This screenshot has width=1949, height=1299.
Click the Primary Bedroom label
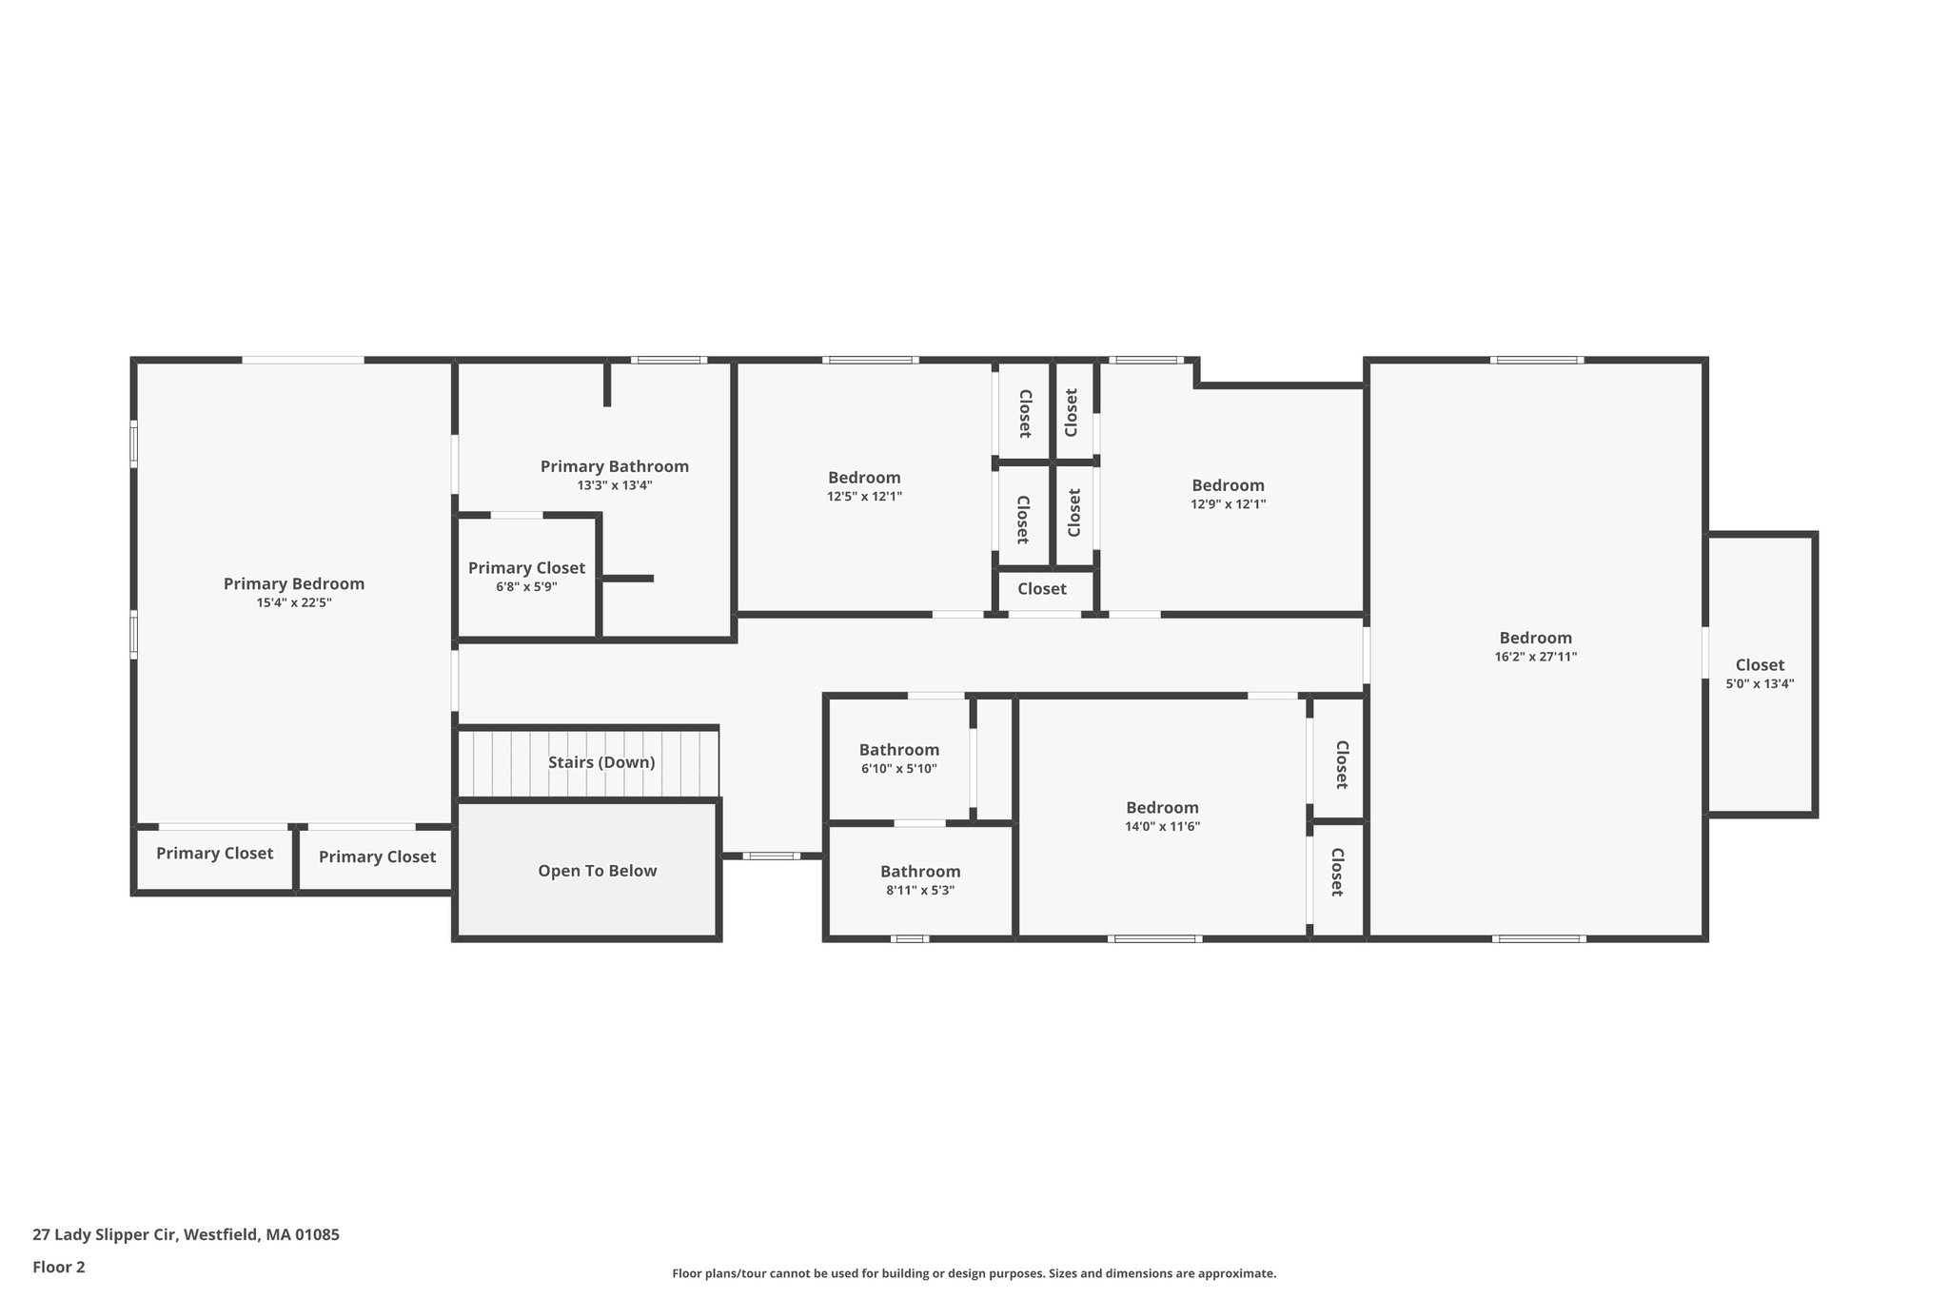pyautogui.click(x=294, y=583)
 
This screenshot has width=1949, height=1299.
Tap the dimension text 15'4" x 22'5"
pyautogui.click(x=294, y=602)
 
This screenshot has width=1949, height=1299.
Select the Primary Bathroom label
pyautogui.click(x=615, y=466)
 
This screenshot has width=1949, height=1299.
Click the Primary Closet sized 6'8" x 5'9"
pyautogui.click(x=526, y=568)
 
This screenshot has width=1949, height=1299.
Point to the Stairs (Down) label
pyautogui.click(x=601, y=762)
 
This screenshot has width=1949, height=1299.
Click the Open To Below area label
pyautogui.click(x=598, y=871)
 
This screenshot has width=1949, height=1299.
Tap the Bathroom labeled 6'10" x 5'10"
pyautogui.click(x=899, y=750)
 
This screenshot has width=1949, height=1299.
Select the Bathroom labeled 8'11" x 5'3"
pyautogui.click(x=920, y=872)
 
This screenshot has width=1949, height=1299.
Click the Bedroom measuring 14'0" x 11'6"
pyautogui.click(x=1162, y=808)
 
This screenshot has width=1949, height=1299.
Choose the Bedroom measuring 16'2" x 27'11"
pyautogui.click(x=1536, y=638)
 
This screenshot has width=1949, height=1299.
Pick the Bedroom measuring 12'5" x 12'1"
pyautogui.click(x=864, y=478)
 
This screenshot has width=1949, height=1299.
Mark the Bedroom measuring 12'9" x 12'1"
pyautogui.click(x=1229, y=485)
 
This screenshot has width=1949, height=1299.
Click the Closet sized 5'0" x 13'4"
pyautogui.click(x=1760, y=665)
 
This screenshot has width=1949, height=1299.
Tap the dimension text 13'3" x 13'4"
pyautogui.click(x=615, y=485)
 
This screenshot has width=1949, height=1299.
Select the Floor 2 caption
pyautogui.click(x=59, y=1267)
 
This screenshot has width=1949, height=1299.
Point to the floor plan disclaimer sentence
pyautogui.click(x=974, y=1273)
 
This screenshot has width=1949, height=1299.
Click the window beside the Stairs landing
pyautogui.click(x=771, y=856)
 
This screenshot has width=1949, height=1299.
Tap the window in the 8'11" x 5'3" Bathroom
pyautogui.click(x=910, y=939)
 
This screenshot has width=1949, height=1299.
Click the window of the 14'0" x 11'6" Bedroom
pyautogui.click(x=1154, y=939)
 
